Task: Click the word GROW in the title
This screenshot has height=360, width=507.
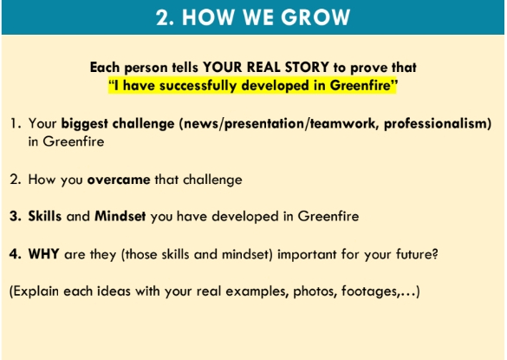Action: pyautogui.click(x=315, y=17)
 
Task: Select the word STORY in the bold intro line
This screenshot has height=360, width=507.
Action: pyautogui.click(x=307, y=68)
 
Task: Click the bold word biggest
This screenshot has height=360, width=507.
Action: pyautogui.click(x=85, y=124)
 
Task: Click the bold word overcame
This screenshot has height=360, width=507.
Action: pyautogui.click(x=119, y=180)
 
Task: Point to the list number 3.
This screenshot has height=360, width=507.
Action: pyautogui.click(x=16, y=216)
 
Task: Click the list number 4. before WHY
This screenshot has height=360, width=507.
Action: pyautogui.click(x=16, y=254)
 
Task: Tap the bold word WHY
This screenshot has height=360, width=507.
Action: pyautogui.click(x=43, y=254)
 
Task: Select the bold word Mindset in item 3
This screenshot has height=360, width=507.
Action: pyautogui.click(x=120, y=216)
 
